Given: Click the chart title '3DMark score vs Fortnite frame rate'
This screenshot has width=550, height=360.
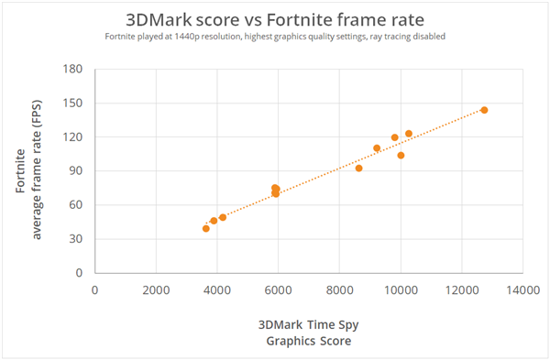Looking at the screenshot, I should click(x=274, y=19).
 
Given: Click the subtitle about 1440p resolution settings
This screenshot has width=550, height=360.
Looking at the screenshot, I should click(x=274, y=38).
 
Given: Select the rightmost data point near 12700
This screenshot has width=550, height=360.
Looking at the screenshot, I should click(x=484, y=110).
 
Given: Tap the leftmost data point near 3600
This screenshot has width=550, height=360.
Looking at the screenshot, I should click(x=205, y=228).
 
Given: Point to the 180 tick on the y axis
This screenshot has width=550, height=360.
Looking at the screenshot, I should click(x=73, y=70).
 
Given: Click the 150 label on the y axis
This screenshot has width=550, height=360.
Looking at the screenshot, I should click(x=73, y=104).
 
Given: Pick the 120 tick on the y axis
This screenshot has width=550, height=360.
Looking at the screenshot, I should click(x=73, y=137).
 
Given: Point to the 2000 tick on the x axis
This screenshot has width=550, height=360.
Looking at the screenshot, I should click(x=156, y=289).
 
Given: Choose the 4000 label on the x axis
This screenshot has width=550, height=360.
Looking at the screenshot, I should click(x=217, y=289).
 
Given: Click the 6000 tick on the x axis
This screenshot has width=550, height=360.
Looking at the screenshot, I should click(x=278, y=289).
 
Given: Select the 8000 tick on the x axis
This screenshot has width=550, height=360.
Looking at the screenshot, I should click(x=339, y=289).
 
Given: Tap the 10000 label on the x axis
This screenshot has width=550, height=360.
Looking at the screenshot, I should click(x=401, y=289).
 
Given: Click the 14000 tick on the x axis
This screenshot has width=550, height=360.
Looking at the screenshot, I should click(x=522, y=289).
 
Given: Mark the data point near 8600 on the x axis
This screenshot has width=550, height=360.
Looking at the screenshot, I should click(x=358, y=168).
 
